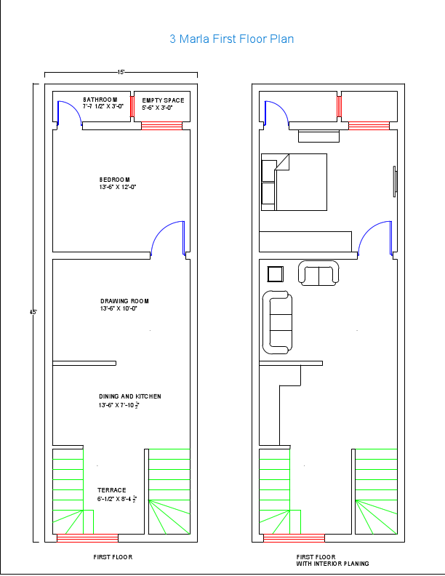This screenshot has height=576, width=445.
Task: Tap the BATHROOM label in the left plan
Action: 100,99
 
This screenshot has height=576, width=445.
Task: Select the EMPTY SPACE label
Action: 163,100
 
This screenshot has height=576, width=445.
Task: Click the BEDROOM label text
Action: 114,180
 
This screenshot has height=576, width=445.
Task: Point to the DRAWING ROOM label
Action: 124,301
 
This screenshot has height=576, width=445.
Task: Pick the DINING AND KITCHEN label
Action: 129,396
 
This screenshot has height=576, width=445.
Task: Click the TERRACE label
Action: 112,490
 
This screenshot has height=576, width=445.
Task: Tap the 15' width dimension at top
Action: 121,72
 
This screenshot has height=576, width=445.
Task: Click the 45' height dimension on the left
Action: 33,312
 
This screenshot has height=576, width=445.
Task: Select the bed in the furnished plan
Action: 294,182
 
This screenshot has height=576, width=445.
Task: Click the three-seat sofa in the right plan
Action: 277,322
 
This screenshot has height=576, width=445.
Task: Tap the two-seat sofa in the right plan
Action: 319,275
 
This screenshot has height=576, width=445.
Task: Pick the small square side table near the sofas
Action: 276,273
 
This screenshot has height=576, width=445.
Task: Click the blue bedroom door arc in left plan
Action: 166,236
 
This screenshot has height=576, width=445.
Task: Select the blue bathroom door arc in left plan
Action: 68,111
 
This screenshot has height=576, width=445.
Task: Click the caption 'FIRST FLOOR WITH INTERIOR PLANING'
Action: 332,560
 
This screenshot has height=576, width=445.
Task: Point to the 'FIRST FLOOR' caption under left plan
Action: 113,557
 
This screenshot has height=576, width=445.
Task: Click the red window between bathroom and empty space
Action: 132,105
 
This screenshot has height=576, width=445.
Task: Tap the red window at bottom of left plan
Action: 87,538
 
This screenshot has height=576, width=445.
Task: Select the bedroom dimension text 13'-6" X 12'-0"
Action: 118,187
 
